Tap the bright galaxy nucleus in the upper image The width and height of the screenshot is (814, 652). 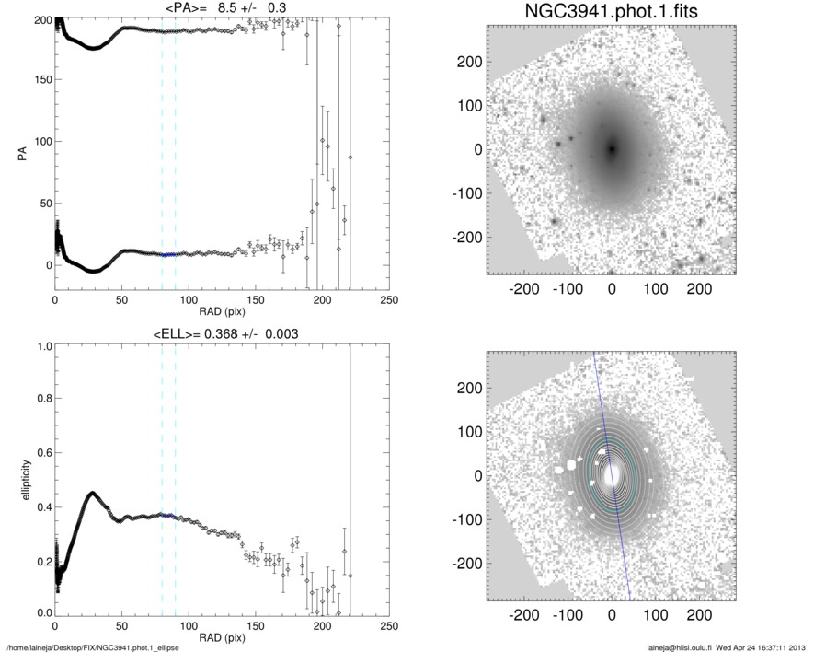pos(612,148)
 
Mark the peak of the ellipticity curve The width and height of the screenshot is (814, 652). pos(91,494)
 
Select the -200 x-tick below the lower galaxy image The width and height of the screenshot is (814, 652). pos(524,613)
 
